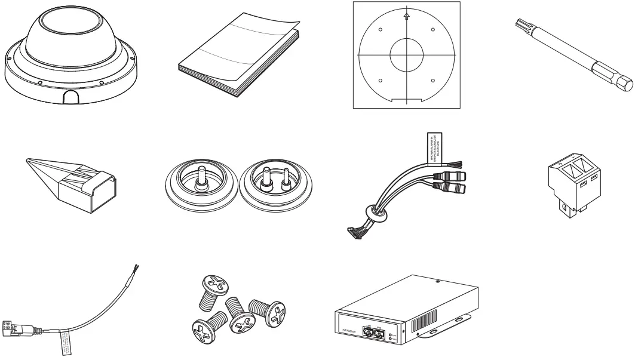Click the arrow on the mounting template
pos(407,18)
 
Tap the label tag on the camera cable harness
pos(434,146)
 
